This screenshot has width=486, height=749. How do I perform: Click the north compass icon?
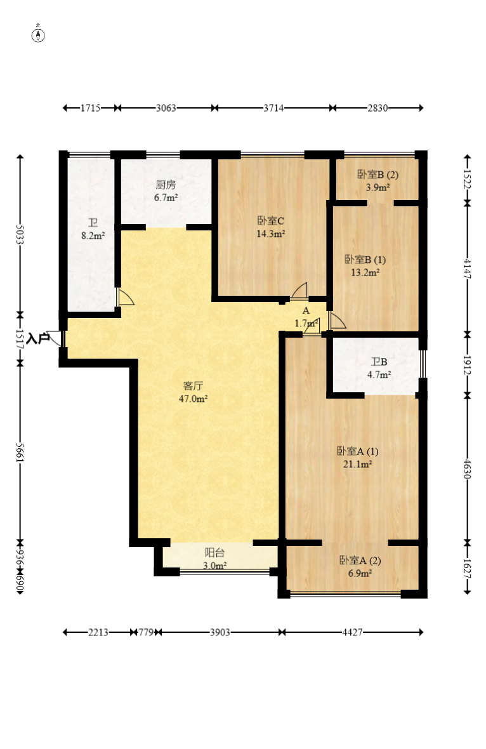pos(38,35)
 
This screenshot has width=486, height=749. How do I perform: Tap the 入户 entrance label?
pos(38,339)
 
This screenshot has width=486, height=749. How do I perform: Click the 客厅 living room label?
pos(193,385)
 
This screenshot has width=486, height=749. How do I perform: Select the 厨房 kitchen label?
pos(166,184)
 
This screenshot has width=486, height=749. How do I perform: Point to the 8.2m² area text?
pos(93,235)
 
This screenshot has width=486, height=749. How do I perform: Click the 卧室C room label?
pos(271,221)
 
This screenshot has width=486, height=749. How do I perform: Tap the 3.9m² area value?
pos(378,187)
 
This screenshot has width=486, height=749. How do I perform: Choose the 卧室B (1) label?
pos(365,260)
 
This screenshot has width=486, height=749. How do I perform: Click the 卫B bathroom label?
pos(379,362)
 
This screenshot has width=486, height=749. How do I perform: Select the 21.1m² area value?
pos(358,464)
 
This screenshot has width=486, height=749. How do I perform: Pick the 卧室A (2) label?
pos(360,560)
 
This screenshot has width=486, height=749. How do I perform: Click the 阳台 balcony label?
pos(215,553)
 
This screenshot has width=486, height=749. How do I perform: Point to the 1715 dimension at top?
pos(90,108)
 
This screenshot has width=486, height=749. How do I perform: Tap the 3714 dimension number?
pos(273,108)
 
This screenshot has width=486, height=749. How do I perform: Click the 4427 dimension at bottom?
pos(352,632)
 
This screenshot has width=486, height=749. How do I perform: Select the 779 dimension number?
pos(146,632)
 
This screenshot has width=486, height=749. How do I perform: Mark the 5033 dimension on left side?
pos(20,235)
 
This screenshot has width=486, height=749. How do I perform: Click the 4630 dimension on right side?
pos(468,469)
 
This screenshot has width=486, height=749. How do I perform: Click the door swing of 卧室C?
pos(299,291)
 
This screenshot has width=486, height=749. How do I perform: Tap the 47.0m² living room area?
pos(193,399)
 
